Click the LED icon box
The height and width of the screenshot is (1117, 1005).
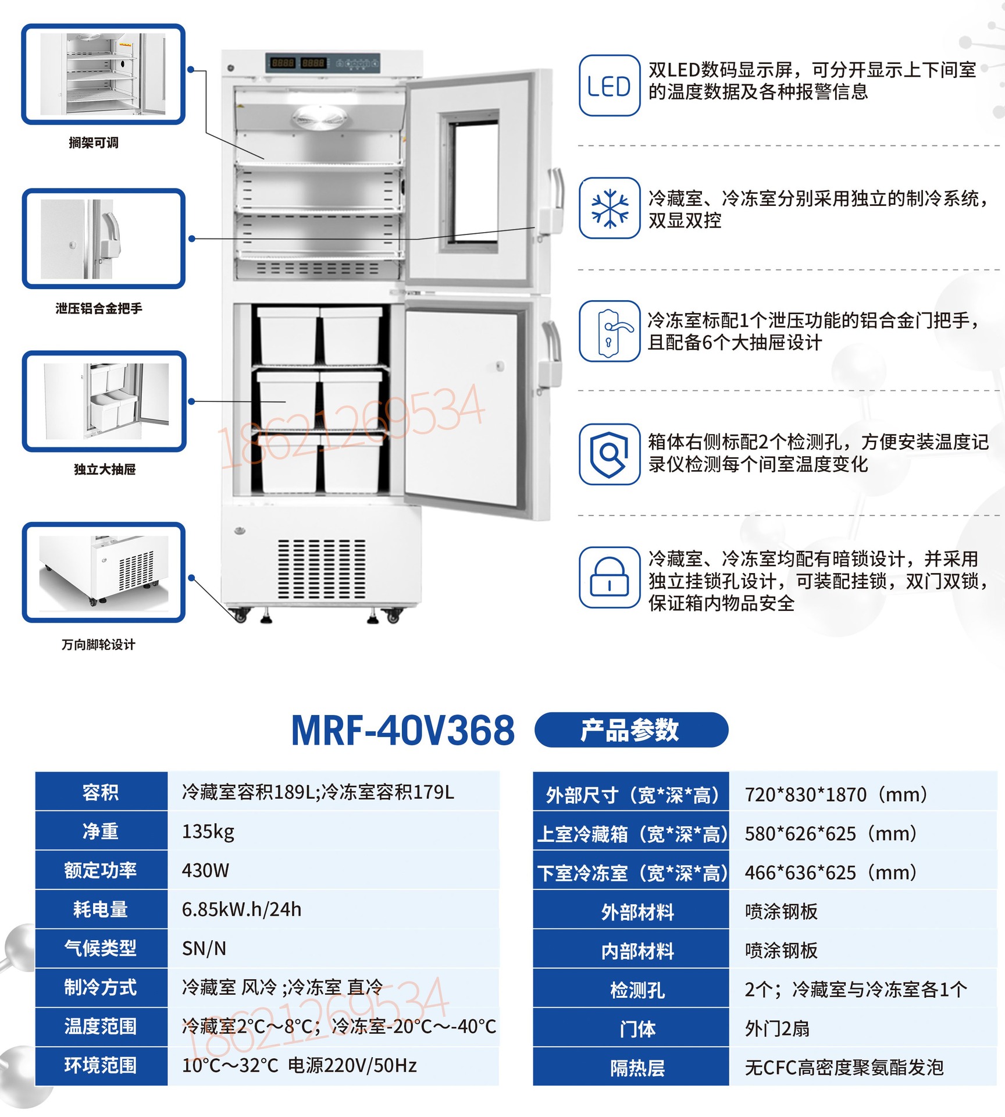pos(609,86)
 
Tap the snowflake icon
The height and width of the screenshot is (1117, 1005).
pos(609,208)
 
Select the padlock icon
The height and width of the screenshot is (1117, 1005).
pos(609,577)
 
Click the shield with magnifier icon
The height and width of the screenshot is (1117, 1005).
pos(609,454)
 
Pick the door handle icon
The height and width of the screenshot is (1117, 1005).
pos(609,331)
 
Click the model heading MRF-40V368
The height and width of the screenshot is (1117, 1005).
pos(402,730)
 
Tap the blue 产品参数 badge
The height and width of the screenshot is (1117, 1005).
pos(631,730)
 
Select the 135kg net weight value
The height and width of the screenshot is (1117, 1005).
pos(208,831)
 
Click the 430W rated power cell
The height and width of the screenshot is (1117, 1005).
pos(205,870)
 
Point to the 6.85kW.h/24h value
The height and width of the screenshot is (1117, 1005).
pos(241,909)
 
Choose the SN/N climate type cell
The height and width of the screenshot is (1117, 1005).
pos(204,948)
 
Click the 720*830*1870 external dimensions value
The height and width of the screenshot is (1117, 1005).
pos(836,794)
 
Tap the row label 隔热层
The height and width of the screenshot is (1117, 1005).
pos(637,1068)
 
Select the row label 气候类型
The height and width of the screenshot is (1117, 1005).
pos(101,948)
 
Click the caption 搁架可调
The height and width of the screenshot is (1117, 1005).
pos(94,143)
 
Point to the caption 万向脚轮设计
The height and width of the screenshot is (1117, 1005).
pos(98,645)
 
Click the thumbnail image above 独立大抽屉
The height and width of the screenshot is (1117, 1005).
pos(104,401)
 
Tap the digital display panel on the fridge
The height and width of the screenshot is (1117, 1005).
pos(323,63)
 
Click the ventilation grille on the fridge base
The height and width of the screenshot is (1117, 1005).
pos(322,569)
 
